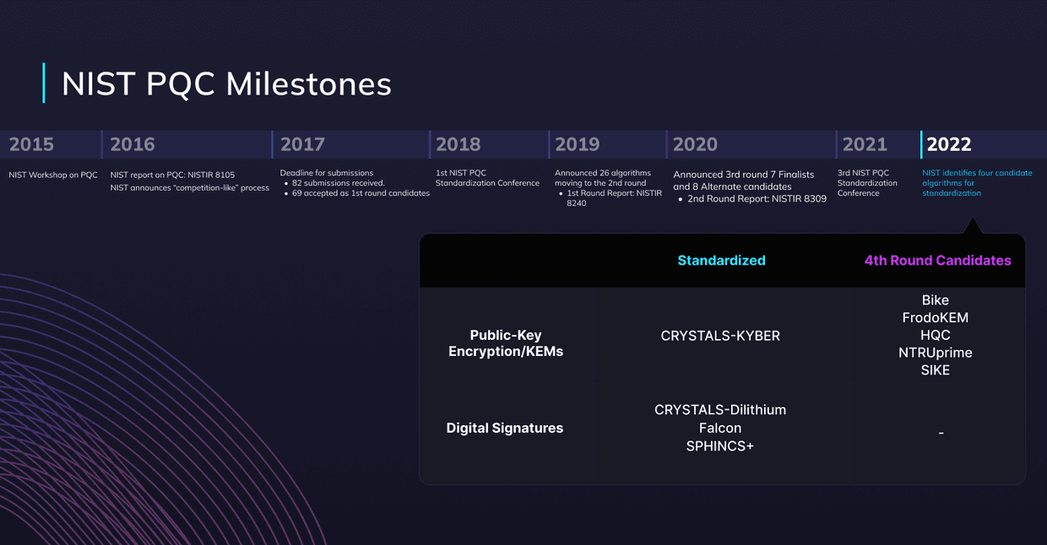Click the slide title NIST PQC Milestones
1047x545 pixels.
coord(226,84)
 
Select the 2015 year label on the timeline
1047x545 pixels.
coord(31,144)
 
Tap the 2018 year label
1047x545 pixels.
coord(458,144)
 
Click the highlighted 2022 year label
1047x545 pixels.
coord(949,144)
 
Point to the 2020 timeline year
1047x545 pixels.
coord(695,144)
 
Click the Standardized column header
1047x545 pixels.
coord(721,261)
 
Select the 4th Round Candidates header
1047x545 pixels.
coord(937,261)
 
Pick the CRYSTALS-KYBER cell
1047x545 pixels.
coord(720,336)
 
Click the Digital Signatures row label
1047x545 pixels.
coord(504,428)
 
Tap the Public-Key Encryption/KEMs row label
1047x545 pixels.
coord(505,343)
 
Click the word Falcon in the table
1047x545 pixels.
coord(720,428)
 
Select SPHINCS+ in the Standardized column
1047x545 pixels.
coord(720,445)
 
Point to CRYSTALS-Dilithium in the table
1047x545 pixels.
coord(720,410)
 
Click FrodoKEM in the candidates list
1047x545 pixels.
coord(935,318)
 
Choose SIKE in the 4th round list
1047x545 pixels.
coord(935,370)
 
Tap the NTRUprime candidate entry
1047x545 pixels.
coord(935,353)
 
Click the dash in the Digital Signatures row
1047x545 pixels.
coord(941,433)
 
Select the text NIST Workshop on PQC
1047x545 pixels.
coord(53,175)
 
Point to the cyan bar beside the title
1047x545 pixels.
coord(43,83)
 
